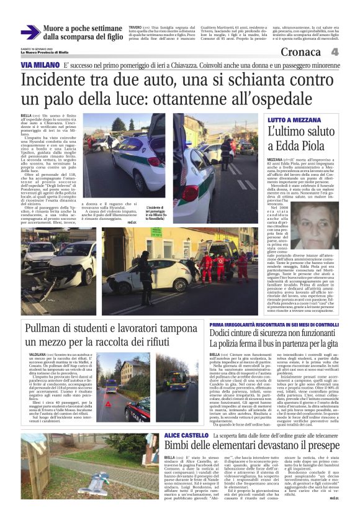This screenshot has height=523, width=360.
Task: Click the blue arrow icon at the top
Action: pos(30,32)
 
